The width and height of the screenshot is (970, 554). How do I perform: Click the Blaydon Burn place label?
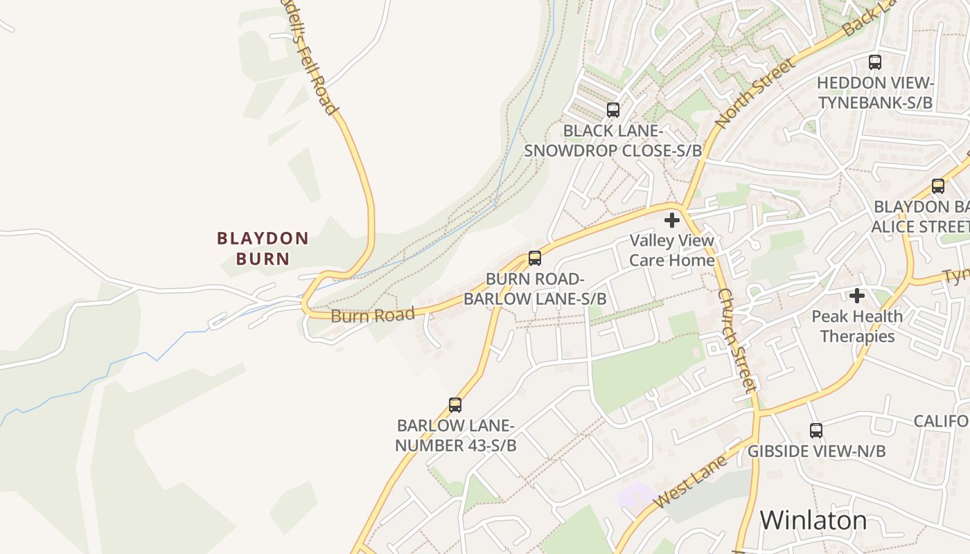pyautogui.click(x=263, y=248)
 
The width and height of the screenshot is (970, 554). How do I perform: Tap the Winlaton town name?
pyautogui.click(x=813, y=520)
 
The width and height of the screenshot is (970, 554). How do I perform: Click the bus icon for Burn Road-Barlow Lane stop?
pyautogui.click(x=534, y=258)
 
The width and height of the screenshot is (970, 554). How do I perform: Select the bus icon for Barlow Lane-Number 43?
pyautogui.click(x=455, y=405)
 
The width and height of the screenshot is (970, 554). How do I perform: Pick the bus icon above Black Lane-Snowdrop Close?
pyautogui.click(x=612, y=109)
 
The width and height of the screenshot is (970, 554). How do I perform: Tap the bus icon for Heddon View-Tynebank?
pyautogui.click(x=875, y=62)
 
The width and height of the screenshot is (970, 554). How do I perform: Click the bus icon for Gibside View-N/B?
pyautogui.click(x=816, y=431)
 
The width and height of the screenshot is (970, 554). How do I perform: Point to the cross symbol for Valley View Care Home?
pyautogui.click(x=671, y=221)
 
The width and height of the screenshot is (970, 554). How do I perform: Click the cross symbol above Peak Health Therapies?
pyautogui.click(x=857, y=296)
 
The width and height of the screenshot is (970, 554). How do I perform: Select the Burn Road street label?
pyautogui.click(x=373, y=315)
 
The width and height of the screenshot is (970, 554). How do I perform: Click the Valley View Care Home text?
pyautogui.click(x=671, y=250)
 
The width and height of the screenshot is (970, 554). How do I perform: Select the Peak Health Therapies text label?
pyautogui.click(x=857, y=326)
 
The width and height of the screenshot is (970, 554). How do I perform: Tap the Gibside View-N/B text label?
pyautogui.click(x=816, y=452)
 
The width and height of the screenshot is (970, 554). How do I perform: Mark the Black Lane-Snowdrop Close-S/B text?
pyautogui.click(x=612, y=141)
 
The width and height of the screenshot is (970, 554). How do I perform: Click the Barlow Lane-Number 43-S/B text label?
pyautogui.click(x=455, y=436)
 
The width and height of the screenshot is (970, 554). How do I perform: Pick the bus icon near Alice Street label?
pyautogui.click(x=937, y=186)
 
